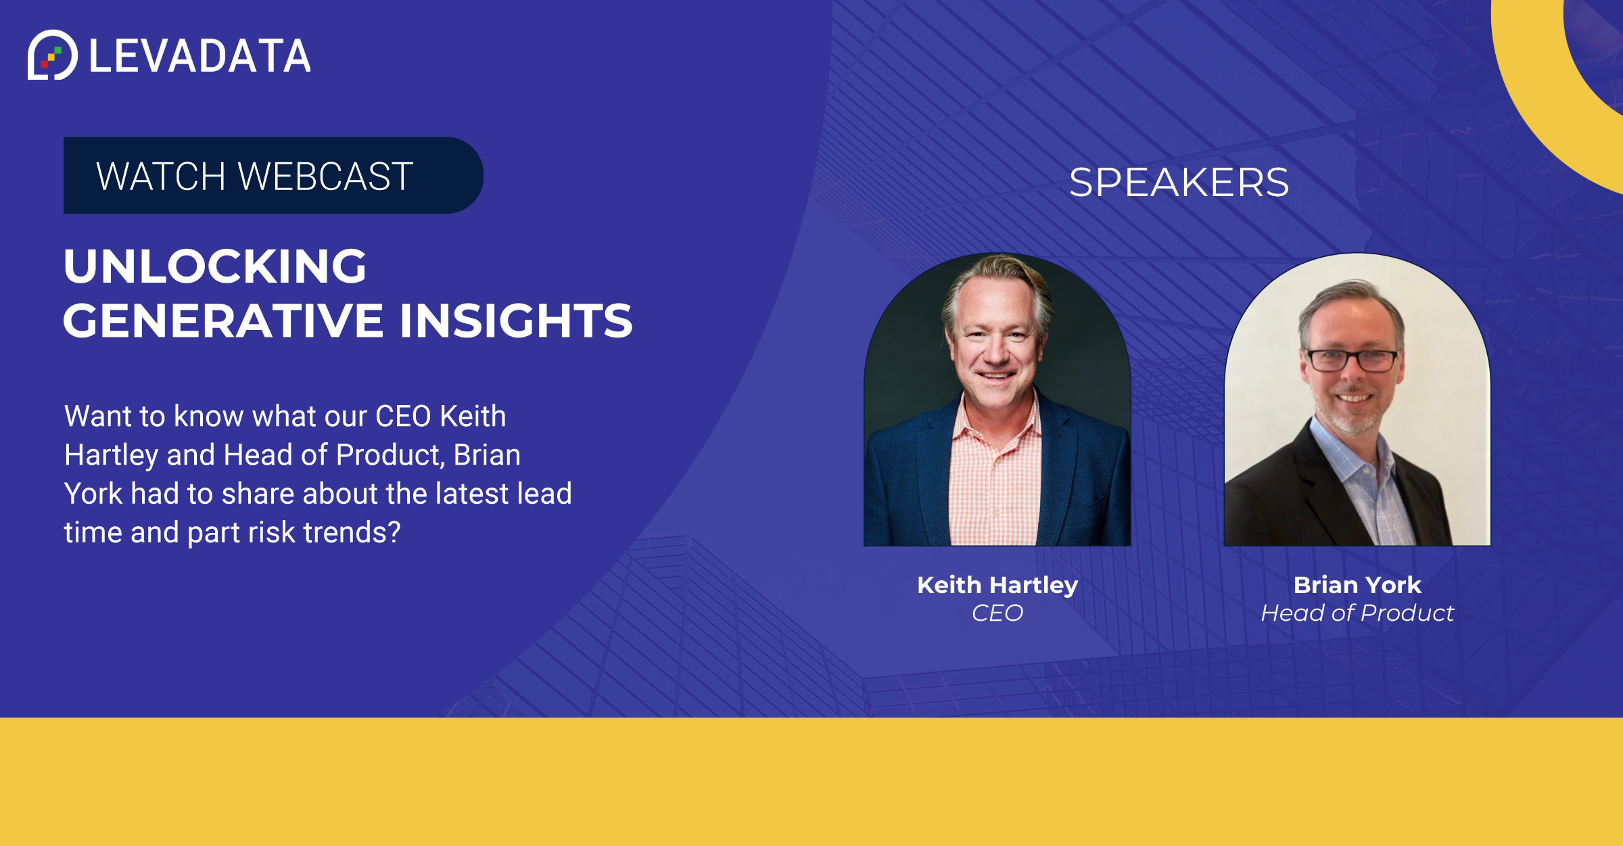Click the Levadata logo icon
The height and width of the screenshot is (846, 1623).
coord(53,55)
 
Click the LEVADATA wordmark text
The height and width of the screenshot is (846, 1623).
coord(200,56)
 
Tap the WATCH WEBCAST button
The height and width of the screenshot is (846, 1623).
coord(273,176)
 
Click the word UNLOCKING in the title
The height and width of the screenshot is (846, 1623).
coord(215,266)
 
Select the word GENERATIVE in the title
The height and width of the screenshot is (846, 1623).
coord(224,320)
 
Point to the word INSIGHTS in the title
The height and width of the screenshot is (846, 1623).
coord(516,320)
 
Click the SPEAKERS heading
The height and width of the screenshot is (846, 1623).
coord(1179,183)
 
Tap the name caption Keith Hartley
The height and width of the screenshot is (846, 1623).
coord(997,586)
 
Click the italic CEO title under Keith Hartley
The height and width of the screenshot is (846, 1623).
coord(997,613)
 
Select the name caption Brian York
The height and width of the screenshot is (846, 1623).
coord(1357,585)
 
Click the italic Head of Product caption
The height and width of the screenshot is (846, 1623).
coord(1357,613)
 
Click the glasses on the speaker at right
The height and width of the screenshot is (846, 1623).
coord(1353,360)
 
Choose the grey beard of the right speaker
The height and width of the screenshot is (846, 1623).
coord(1352,413)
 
